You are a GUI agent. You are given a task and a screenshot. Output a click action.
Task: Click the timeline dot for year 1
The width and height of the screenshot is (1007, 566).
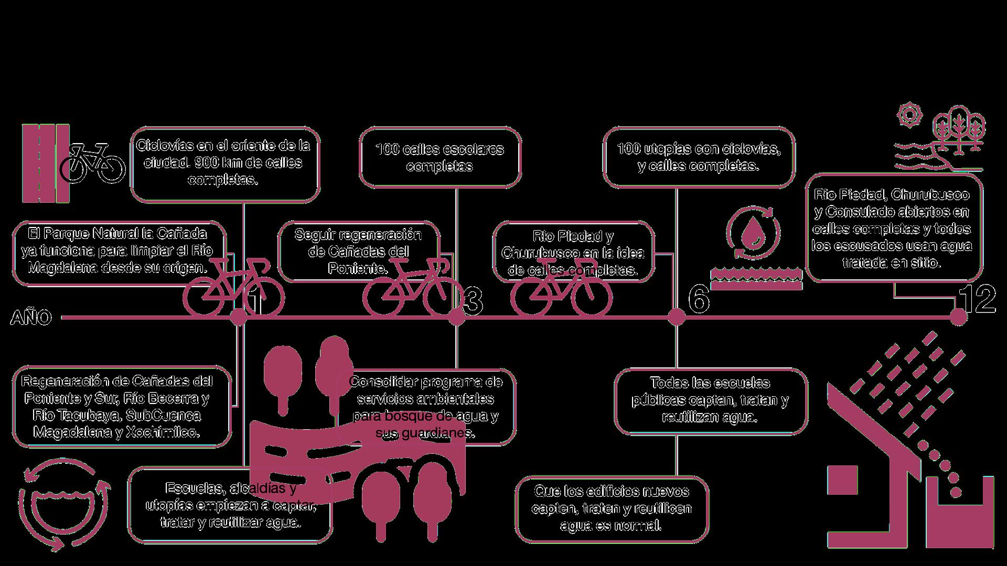coord(239,317)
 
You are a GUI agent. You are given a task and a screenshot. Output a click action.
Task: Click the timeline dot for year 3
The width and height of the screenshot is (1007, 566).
coord(457,317)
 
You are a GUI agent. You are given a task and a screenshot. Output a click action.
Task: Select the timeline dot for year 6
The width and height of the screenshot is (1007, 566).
coord(676,317)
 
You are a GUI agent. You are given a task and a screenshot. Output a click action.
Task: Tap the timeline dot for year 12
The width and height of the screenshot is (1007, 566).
coord(958,317)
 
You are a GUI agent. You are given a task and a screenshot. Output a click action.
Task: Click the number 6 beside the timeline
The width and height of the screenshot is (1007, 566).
coord(699,300)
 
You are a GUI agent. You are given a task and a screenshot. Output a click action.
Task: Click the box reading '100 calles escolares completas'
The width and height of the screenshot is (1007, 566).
coord(440,157)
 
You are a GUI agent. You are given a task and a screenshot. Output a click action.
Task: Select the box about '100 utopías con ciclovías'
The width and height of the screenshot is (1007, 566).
coord(699,157)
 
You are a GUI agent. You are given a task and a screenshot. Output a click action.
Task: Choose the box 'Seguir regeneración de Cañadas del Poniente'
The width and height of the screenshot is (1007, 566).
coord(358,252)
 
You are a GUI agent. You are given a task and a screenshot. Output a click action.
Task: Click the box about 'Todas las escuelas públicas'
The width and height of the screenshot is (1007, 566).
coord(710,400)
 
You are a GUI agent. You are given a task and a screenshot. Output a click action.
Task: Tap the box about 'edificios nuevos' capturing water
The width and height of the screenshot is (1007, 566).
coord(612,509)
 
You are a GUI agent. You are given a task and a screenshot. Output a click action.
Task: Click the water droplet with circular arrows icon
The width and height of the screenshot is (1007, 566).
coord(753,233)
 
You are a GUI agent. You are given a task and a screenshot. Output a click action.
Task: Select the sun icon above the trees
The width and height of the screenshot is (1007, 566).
coord(908,115)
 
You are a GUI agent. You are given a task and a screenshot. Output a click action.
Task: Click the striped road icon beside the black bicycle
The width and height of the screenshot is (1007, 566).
coord(46,163)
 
